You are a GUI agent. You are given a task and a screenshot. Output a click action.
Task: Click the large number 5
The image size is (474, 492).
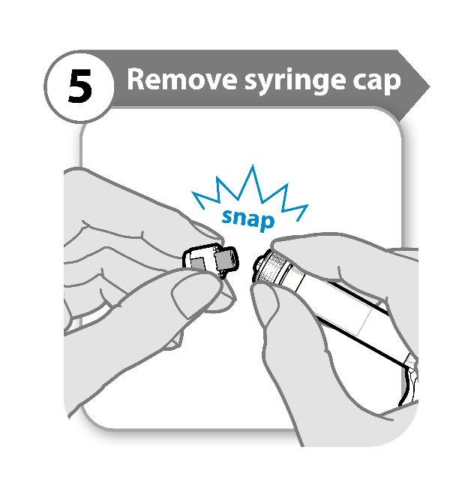tap(80, 86)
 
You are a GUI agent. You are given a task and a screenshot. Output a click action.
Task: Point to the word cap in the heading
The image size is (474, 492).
tap(377, 83)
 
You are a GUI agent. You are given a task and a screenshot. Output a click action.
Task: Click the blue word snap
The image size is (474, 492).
tap(248, 219)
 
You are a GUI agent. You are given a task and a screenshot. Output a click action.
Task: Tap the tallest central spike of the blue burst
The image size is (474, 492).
tap(253, 168)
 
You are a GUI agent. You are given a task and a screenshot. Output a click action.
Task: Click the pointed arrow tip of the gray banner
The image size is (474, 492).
tap(428, 86)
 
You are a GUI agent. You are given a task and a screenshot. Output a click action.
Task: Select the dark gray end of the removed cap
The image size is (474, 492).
tap(226, 260)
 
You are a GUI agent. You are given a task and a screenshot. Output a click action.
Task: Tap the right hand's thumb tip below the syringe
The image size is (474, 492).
tap(265, 298)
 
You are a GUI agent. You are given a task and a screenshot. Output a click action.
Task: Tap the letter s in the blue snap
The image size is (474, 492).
tap(227, 216)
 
